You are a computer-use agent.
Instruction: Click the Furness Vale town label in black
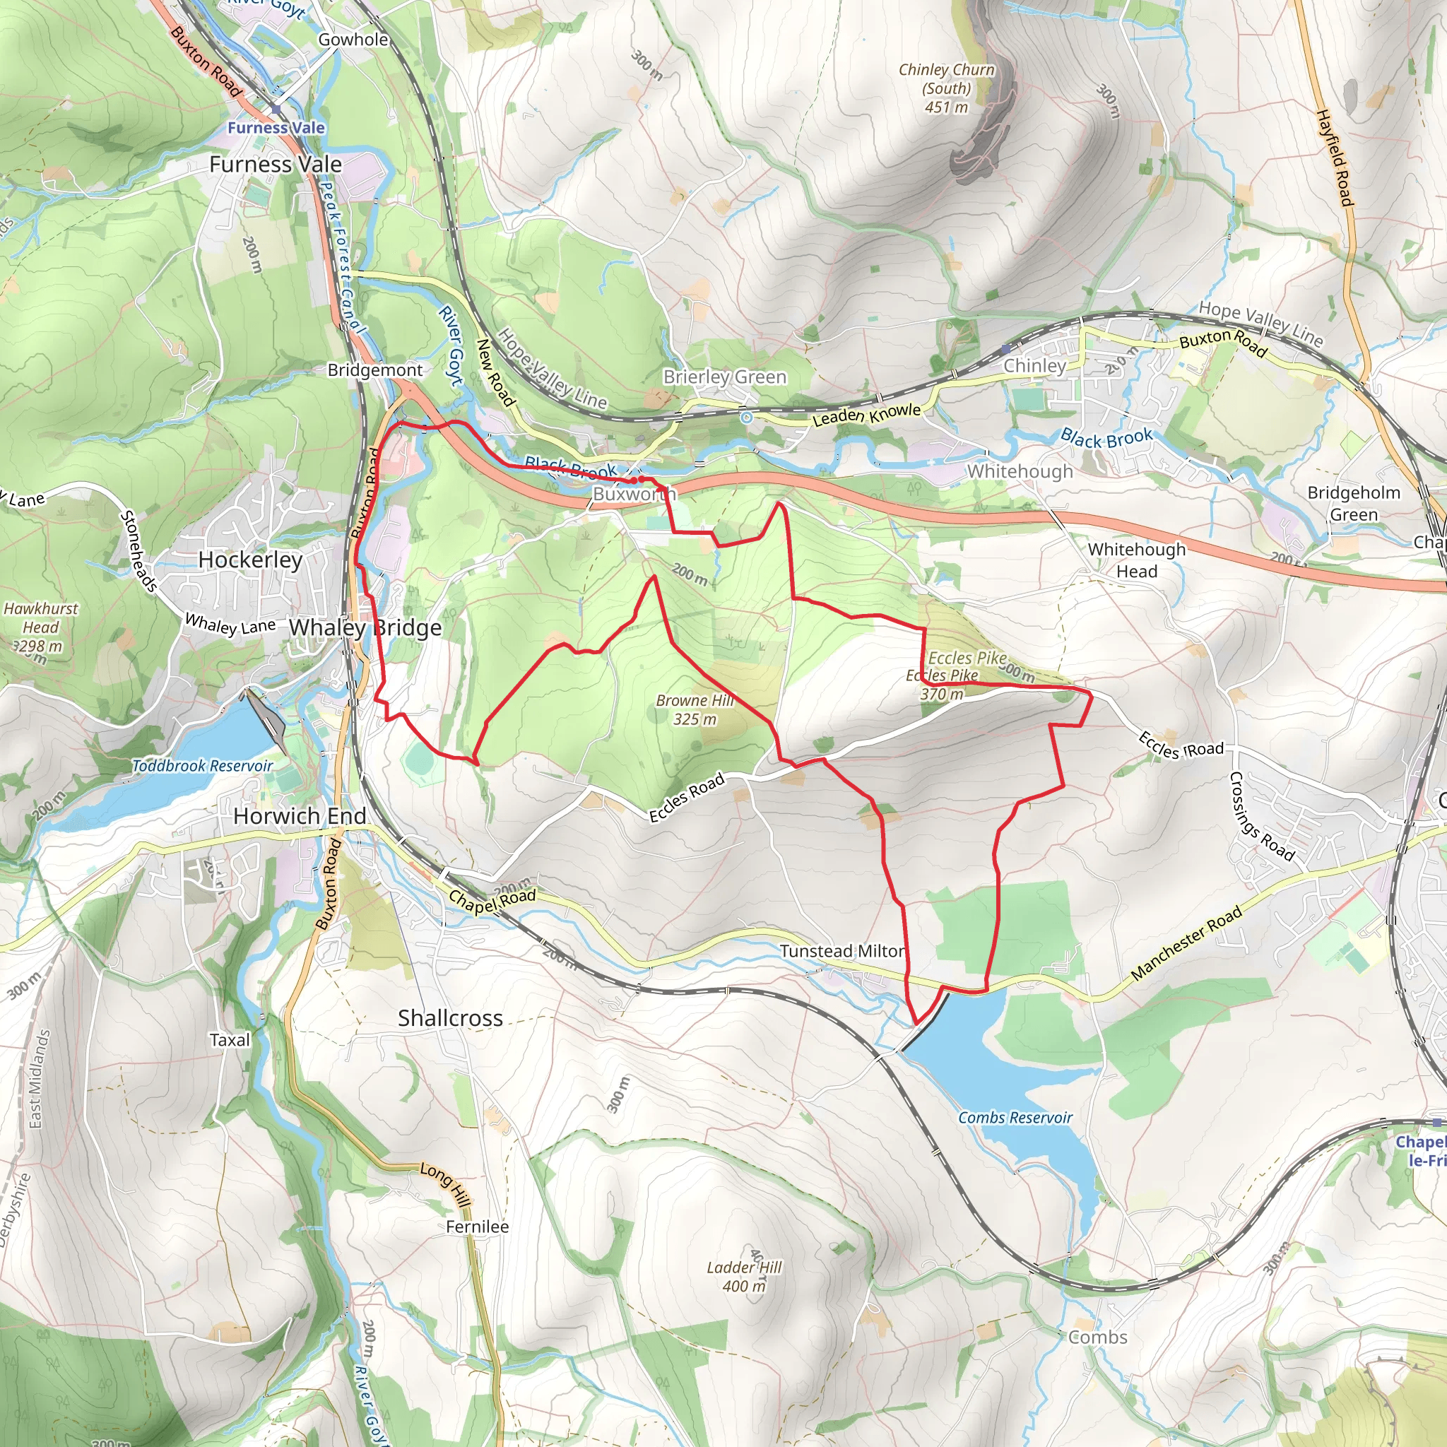click(275, 164)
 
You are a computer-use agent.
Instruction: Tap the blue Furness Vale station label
click(276, 128)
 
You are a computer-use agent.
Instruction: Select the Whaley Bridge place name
click(365, 627)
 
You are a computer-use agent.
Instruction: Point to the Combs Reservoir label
click(1015, 1118)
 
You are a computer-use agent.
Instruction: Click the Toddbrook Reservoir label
click(202, 765)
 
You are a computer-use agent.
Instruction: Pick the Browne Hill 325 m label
click(695, 709)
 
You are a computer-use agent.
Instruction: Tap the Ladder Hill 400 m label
click(744, 1276)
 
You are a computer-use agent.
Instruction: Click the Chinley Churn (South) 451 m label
click(946, 88)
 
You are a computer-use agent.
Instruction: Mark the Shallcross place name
click(450, 1018)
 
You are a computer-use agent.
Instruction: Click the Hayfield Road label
click(1335, 158)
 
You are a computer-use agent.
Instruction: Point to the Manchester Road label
click(1186, 943)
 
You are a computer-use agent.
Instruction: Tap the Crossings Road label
click(1261, 816)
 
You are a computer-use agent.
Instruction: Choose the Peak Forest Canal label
click(341, 259)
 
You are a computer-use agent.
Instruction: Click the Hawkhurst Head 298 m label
click(40, 627)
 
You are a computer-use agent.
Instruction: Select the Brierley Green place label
click(724, 377)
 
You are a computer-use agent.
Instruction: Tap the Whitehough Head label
click(1136, 560)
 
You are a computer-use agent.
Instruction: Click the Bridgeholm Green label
click(1353, 503)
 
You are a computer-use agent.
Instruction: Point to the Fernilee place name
click(477, 1227)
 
